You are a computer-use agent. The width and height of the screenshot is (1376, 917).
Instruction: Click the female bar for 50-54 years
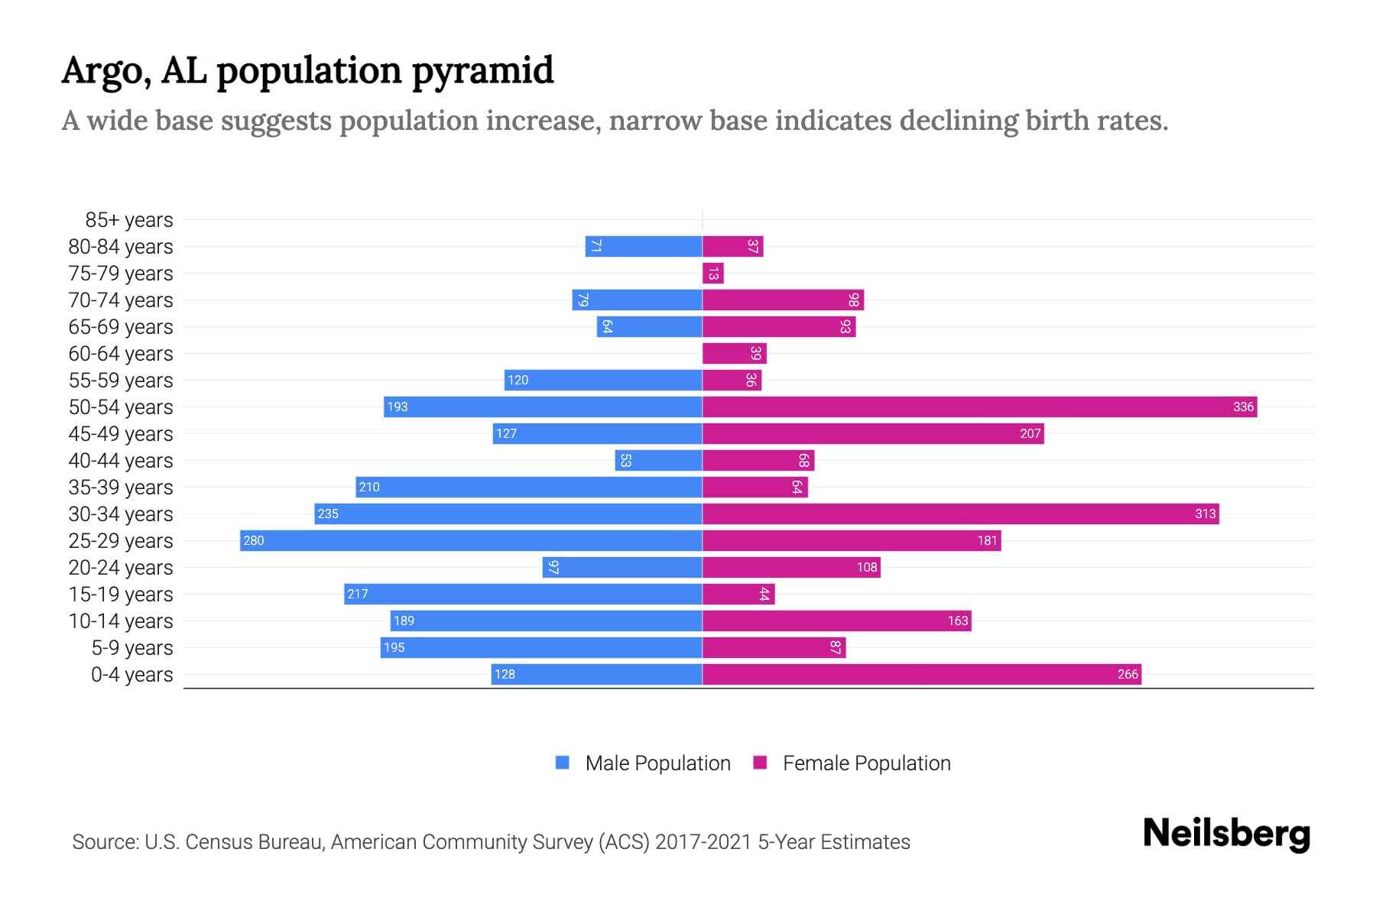tap(978, 407)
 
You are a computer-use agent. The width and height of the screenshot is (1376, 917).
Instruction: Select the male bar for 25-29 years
tap(470, 540)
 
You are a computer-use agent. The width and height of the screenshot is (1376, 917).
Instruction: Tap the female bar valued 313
tap(959, 514)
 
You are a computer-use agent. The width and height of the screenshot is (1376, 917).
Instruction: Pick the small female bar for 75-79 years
tap(712, 273)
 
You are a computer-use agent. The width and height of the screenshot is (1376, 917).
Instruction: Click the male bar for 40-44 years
tap(658, 460)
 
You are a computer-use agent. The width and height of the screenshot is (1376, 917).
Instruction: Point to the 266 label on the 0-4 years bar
tap(1128, 674)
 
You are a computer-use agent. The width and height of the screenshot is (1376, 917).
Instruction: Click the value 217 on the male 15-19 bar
tap(358, 594)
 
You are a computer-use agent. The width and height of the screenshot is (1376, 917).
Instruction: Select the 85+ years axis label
tap(128, 220)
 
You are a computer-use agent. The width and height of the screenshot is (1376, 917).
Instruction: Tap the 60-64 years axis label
tap(121, 354)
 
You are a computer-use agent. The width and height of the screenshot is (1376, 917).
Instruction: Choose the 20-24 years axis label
tap(121, 568)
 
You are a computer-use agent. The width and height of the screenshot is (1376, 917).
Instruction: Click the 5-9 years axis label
tap(131, 648)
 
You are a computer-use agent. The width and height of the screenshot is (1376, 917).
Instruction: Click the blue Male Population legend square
tap(563, 763)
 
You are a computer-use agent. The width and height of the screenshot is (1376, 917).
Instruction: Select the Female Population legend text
tap(866, 763)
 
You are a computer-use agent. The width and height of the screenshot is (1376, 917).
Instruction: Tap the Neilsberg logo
tap(1226, 834)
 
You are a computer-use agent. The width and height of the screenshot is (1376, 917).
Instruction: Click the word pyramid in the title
tap(482, 70)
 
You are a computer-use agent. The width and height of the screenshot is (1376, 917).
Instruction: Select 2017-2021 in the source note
tap(703, 842)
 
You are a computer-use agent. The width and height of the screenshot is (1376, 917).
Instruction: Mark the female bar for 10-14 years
tap(836, 621)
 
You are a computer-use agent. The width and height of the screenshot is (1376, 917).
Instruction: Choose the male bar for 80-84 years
tap(644, 246)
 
